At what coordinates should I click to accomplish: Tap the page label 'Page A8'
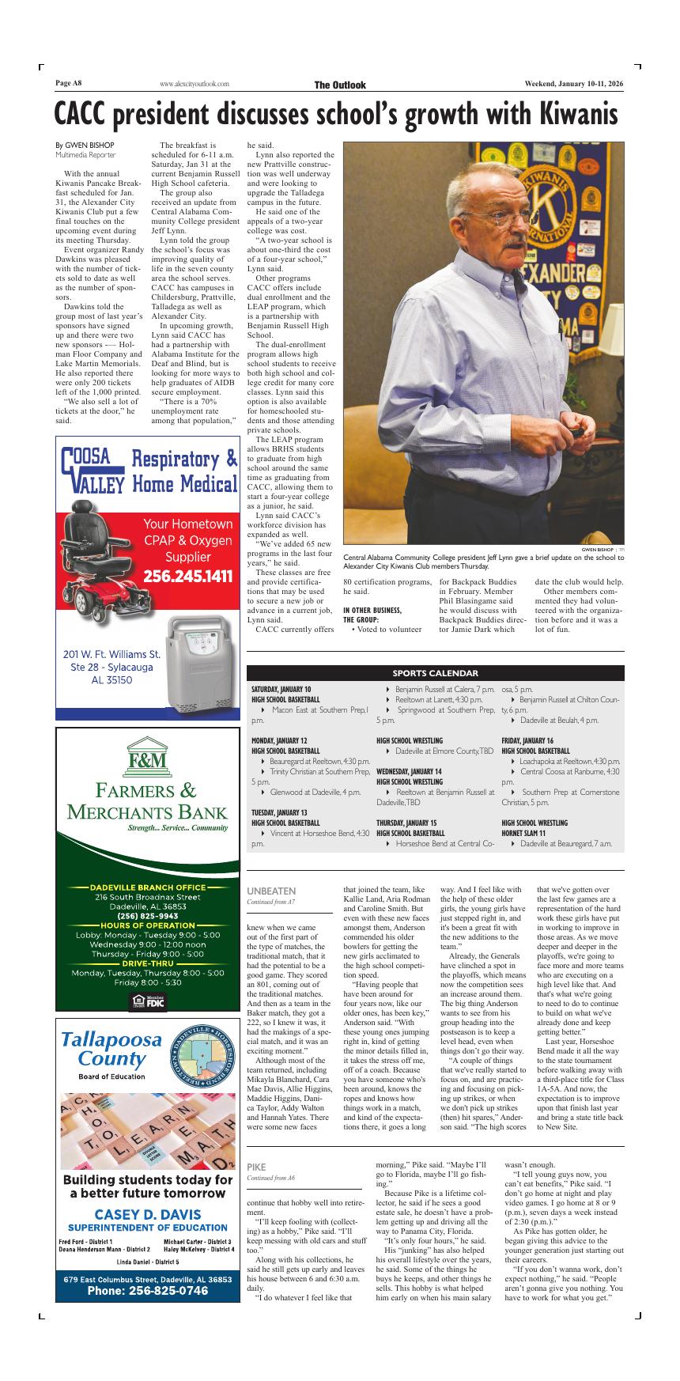pos(69,84)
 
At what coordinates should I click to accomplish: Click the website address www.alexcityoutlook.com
pos(194,85)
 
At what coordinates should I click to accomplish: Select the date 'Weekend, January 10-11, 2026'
pos(574,85)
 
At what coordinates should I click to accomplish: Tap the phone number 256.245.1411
pos(188,576)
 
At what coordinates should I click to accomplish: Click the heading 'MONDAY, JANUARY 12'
pos(279,740)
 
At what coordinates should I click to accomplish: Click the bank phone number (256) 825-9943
pos(148,916)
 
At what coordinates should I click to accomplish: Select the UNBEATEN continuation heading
pos(271,891)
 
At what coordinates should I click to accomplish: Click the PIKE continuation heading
pos(256,1167)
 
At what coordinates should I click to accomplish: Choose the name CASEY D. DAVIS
pos(148,1214)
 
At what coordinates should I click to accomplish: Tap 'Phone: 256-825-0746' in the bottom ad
pos(148,1290)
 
